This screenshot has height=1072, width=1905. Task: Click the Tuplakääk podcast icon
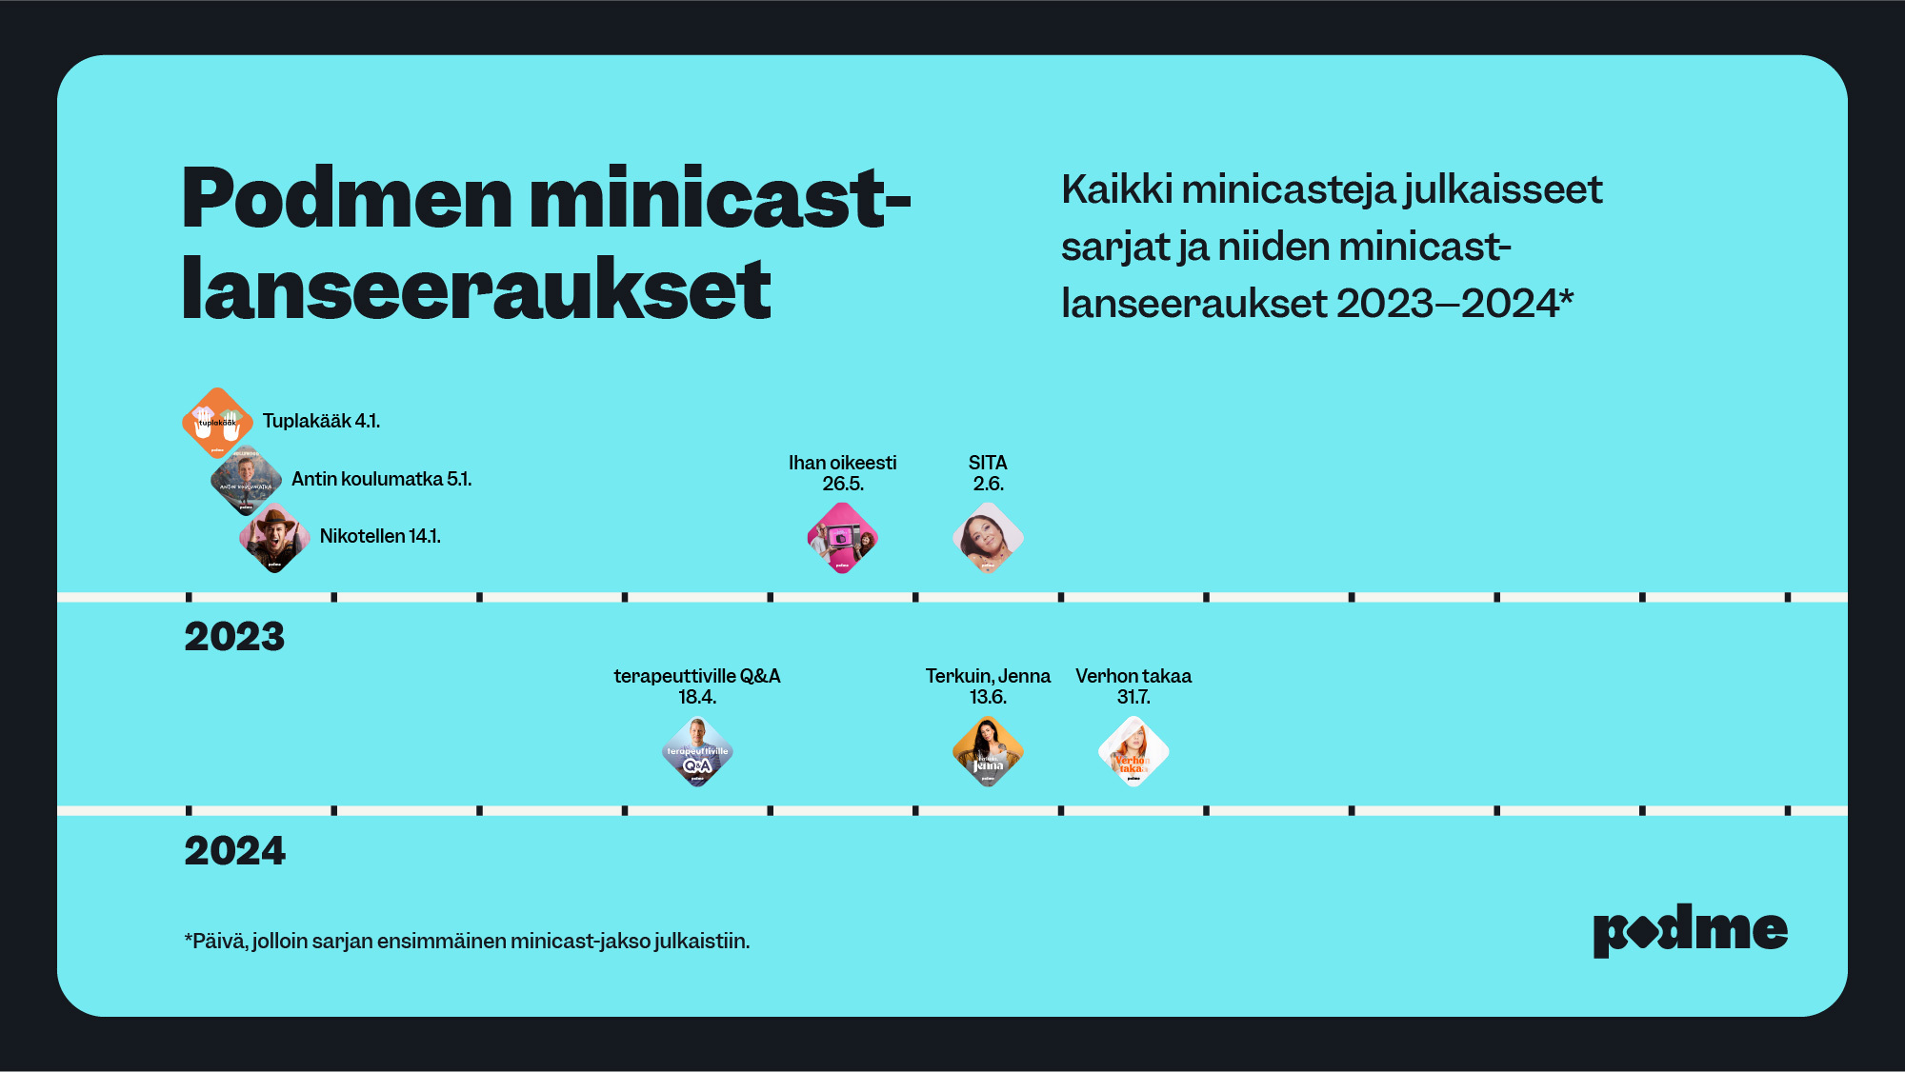[x=217, y=423]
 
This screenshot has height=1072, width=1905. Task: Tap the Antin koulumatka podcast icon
[x=246, y=480]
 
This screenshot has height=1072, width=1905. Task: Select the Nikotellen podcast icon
[x=274, y=538]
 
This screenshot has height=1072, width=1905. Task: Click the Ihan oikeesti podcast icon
[x=842, y=538]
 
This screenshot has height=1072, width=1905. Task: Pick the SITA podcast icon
[x=988, y=538]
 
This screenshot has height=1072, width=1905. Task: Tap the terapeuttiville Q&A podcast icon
[x=697, y=752]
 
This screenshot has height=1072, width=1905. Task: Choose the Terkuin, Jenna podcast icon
[x=988, y=752]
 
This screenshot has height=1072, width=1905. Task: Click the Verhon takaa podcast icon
[x=1133, y=752]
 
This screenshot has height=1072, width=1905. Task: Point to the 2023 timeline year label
[x=234, y=637]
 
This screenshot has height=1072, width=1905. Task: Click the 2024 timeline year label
[x=234, y=851]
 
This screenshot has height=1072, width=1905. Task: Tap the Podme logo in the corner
[x=1690, y=930]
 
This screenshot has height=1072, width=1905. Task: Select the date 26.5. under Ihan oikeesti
[x=842, y=484]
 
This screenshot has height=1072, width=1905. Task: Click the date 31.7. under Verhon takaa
[x=1133, y=697]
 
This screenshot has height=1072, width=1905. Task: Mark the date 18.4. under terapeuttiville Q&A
[x=697, y=697]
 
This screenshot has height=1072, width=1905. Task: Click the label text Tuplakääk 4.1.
[x=321, y=421]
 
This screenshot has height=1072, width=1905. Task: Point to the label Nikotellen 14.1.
[x=380, y=536]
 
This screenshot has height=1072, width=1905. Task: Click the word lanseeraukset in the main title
[x=476, y=289]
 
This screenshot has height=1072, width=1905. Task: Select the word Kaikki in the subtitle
[x=1116, y=189]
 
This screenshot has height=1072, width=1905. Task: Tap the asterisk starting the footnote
[x=188, y=939]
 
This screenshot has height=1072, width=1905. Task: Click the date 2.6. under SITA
[x=988, y=484]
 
